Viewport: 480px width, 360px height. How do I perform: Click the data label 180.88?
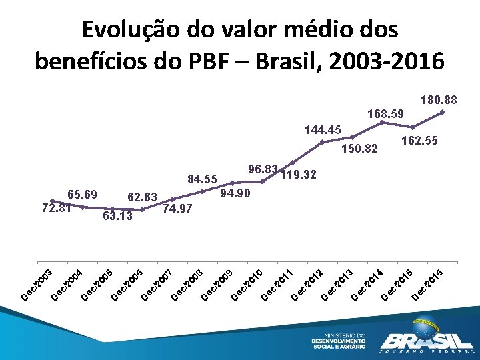pyautogui.click(x=439, y=100)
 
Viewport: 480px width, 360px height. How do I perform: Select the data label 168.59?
pyautogui.click(x=386, y=114)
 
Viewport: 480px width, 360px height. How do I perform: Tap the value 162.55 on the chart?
pyautogui.click(x=420, y=141)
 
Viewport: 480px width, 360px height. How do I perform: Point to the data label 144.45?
pyautogui.click(x=323, y=130)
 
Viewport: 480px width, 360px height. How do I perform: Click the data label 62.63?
pyautogui.click(x=142, y=197)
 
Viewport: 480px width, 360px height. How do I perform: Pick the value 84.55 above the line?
pyautogui.click(x=202, y=179)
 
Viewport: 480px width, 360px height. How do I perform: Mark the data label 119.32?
pyautogui.click(x=299, y=175)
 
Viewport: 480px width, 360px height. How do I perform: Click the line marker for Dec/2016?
pyautogui.click(x=443, y=112)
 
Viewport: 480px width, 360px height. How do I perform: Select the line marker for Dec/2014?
pyautogui.click(x=382, y=123)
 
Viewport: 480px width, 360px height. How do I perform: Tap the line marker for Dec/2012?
pyautogui.click(x=322, y=142)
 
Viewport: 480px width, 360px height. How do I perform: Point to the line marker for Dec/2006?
pyautogui.click(x=142, y=209)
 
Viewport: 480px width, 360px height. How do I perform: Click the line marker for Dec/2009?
pyautogui.click(x=232, y=183)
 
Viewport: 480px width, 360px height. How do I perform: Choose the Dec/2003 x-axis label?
pyautogui.click(x=37, y=285)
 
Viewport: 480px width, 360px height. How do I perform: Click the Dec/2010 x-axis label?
pyautogui.click(x=247, y=285)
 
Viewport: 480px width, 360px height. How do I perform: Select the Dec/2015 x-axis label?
pyautogui.click(x=397, y=285)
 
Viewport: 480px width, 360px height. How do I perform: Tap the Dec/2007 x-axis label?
pyautogui.click(x=157, y=285)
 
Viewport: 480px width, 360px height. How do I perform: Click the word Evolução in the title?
pyautogui.click(x=130, y=31)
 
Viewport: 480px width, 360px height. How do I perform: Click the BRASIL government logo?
pyautogui.click(x=427, y=335)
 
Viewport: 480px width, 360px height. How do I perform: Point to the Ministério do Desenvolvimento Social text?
pyautogui.click(x=338, y=341)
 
